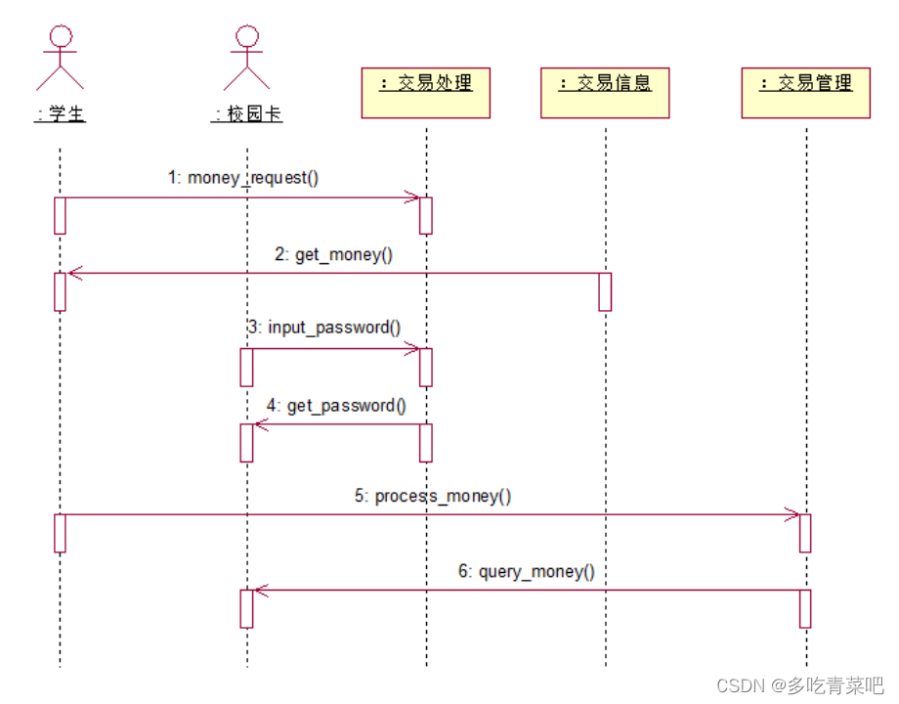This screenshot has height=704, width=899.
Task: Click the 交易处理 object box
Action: click(x=425, y=92)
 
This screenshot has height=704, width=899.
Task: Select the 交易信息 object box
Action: click(x=605, y=92)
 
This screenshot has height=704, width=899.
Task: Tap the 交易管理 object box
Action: click(x=805, y=92)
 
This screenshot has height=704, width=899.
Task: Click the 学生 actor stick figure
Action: click(x=61, y=58)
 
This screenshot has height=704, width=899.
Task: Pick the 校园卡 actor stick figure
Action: click(x=246, y=58)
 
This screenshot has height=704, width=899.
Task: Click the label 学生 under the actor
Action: click(x=61, y=114)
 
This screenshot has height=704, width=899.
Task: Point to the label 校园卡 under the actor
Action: click(x=247, y=114)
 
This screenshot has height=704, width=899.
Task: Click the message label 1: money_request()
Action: click(x=243, y=178)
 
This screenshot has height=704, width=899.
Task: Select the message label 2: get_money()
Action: click(x=333, y=254)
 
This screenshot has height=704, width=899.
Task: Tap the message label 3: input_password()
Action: click(x=324, y=328)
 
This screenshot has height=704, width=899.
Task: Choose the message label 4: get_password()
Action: click(x=336, y=405)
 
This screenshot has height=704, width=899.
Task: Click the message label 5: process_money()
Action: click(x=433, y=496)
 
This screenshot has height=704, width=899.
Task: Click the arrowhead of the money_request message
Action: click(x=413, y=198)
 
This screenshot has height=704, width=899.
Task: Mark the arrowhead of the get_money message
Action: click(x=73, y=273)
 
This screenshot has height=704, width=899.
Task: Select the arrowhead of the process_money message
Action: click(x=792, y=514)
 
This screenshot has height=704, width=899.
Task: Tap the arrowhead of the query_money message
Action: click(x=260, y=590)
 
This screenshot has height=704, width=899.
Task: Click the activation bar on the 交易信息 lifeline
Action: click(x=605, y=291)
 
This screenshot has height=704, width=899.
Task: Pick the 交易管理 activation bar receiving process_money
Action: click(x=805, y=533)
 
